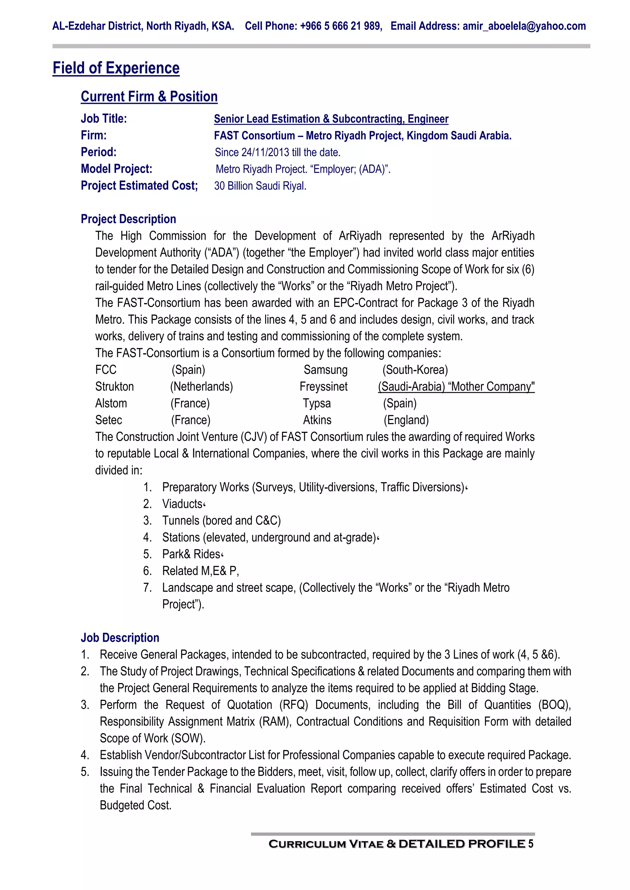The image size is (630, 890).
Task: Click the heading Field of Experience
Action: click(116, 68)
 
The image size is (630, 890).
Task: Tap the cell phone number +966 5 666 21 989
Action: click(340, 26)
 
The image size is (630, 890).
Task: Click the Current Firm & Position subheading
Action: click(149, 96)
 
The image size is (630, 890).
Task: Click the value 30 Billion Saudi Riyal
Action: click(260, 186)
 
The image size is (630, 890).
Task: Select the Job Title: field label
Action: click(104, 119)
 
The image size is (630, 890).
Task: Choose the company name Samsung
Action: click(325, 370)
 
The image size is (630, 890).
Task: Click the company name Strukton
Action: click(114, 387)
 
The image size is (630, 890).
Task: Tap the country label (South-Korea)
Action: click(415, 370)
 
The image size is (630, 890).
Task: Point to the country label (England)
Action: click(406, 420)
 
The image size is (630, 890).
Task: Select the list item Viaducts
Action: click(182, 504)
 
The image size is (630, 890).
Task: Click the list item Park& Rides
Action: click(191, 554)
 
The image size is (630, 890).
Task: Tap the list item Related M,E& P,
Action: click(200, 571)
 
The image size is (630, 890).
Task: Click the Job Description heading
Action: click(120, 638)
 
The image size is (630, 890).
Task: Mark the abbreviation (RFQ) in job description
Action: click(294, 705)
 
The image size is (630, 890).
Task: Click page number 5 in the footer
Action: click(531, 844)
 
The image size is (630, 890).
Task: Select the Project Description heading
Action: click(128, 219)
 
